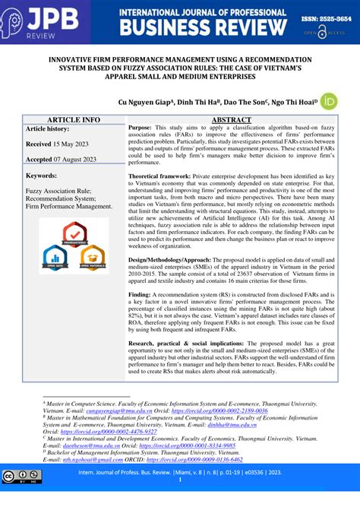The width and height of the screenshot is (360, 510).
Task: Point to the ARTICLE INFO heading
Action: click(x=74, y=120)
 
